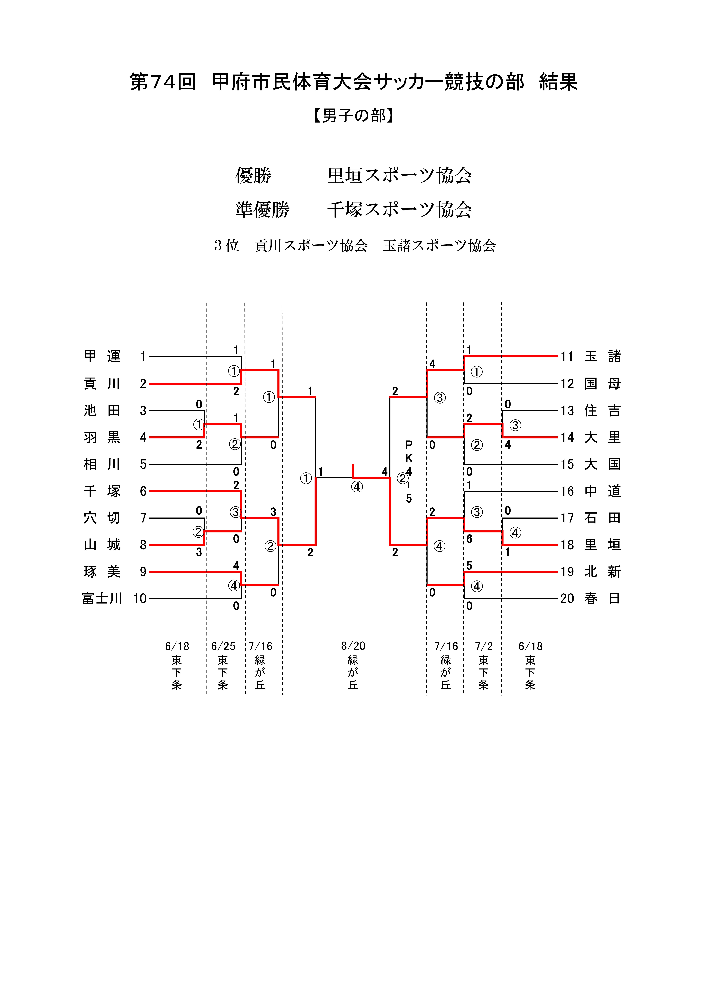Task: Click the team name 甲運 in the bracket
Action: point(102,357)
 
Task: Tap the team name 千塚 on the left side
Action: point(102,491)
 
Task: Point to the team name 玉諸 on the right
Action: point(602,357)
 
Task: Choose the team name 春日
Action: point(602,598)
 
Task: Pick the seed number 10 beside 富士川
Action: point(140,598)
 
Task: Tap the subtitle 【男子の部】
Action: point(354,116)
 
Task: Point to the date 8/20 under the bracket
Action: point(353,646)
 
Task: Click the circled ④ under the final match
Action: point(357,487)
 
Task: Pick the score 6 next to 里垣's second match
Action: point(469,539)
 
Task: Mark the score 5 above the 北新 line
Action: point(469,566)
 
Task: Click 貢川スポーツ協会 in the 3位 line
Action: point(311,246)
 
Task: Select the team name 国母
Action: point(602,384)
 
